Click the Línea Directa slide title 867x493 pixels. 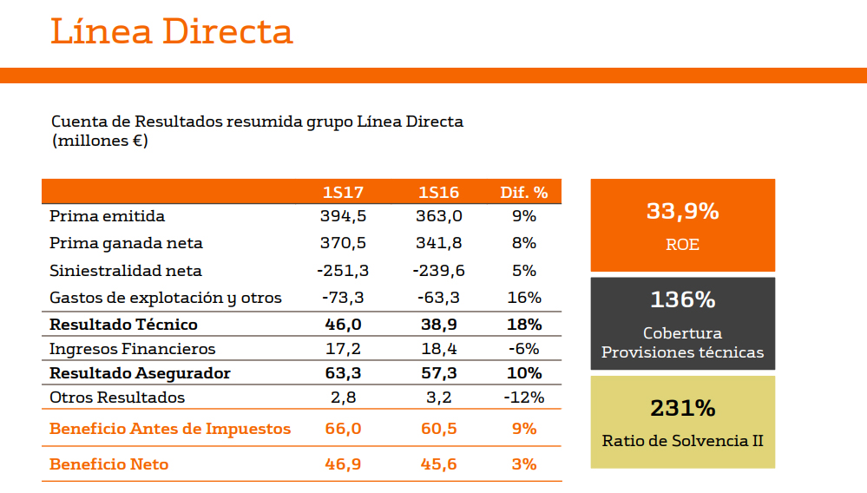[172, 31]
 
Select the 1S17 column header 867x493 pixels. [343, 193]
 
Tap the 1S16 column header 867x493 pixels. [438, 193]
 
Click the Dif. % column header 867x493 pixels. [524, 193]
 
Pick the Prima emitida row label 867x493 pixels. [107, 216]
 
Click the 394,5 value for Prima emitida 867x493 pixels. [343, 216]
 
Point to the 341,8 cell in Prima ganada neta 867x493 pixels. [438, 243]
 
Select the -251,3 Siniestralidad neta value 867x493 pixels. [343, 271]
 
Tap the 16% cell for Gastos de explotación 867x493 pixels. [524, 298]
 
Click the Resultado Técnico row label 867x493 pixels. [123, 325]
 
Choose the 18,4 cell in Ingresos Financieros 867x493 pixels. [438, 349]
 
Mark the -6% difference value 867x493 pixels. [524, 349]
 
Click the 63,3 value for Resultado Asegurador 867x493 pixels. [343, 373]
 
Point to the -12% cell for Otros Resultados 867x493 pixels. [524, 398]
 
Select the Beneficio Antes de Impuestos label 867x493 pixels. [170, 429]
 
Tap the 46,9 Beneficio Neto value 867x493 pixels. [343, 464]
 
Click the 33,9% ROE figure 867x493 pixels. [682, 211]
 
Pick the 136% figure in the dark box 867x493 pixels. [682, 300]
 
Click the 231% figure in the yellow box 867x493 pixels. [682, 408]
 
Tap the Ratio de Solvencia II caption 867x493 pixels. [682, 441]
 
